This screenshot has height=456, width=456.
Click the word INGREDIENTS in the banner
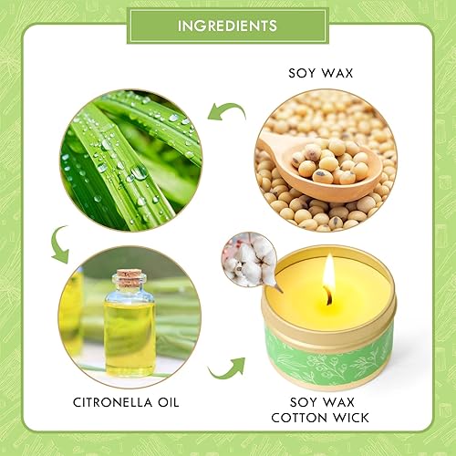pos(227,26)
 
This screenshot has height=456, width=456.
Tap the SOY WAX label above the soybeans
pos(321,73)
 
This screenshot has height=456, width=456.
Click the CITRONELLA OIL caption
pos(126,402)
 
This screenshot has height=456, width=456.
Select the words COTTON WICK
pos(320,418)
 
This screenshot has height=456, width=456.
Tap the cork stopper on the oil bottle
pos(129,276)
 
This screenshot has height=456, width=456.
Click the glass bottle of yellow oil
pos(130,323)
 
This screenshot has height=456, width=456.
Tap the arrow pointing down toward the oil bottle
pos(59,244)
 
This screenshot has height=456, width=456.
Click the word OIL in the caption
pos(168,402)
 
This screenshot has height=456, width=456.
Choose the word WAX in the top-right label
pos(337,73)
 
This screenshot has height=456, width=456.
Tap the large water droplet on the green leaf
pos(140,172)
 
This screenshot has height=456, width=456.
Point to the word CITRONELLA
pos(112,402)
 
